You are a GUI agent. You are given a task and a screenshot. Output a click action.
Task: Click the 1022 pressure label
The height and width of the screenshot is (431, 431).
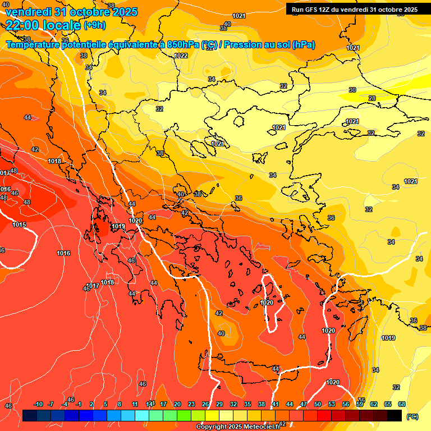[x=181, y=56]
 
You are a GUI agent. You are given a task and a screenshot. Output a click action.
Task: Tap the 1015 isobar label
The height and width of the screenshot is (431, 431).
[x=19, y=224]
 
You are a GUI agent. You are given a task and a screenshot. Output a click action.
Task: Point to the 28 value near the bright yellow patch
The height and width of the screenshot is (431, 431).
[x=372, y=98]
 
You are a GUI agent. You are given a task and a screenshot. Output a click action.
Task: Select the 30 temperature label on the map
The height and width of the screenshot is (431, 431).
[x=352, y=90]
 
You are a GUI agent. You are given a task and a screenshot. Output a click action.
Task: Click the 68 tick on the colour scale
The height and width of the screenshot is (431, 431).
[x=402, y=404]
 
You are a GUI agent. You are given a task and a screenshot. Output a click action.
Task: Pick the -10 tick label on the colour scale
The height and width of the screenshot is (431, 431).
[x=38, y=404]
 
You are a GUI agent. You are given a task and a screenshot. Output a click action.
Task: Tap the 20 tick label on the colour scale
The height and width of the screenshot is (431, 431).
[x=177, y=404]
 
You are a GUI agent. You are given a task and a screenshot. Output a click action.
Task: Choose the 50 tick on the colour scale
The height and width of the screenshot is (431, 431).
[x=318, y=404]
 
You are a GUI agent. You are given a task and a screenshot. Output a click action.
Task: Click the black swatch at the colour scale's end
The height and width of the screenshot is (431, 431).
[x=395, y=415]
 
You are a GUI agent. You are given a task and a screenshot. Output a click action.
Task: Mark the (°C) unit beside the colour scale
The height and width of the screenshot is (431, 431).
[x=412, y=416]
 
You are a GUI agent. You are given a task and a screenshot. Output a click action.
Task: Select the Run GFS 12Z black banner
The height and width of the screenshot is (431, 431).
[x=355, y=9]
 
